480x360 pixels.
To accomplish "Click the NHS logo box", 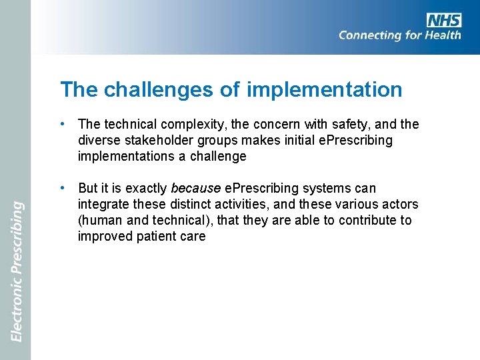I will (445, 20).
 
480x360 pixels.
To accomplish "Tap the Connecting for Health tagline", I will (399, 35).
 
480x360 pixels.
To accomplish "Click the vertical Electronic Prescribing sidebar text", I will (17, 273).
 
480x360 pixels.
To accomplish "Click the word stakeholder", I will (157, 140).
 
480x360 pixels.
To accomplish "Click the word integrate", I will (103, 205).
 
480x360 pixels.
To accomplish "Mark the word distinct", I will (188, 205).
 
